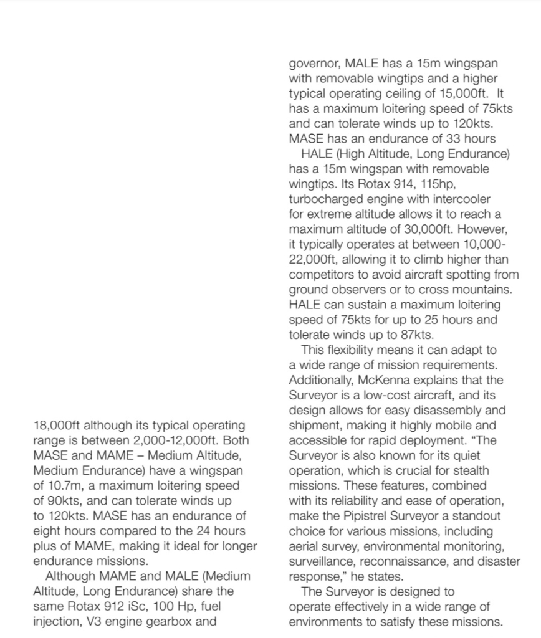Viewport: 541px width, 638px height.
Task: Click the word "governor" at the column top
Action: (314, 64)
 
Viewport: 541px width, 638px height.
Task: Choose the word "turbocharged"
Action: (330, 199)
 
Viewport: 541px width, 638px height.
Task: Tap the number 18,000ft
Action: (56, 426)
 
